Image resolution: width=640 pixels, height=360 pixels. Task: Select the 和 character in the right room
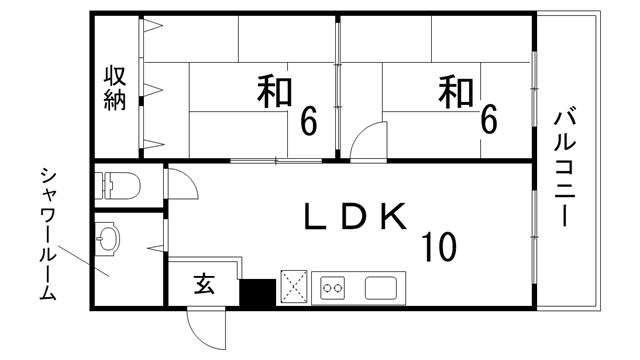click(x=455, y=92)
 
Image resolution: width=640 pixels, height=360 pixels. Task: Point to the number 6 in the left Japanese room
click(x=308, y=122)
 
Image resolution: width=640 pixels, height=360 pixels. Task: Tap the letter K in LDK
click(x=392, y=216)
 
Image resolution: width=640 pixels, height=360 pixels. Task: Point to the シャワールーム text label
click(x=47, y=236)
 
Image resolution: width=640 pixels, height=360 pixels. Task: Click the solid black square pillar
click(x=257, y=291)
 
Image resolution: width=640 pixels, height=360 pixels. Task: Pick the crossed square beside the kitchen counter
click(x=295, y=287)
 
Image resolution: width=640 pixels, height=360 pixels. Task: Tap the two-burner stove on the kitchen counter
click(x=333, y=289)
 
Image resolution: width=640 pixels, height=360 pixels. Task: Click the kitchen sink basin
click(x=383, y=288)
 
